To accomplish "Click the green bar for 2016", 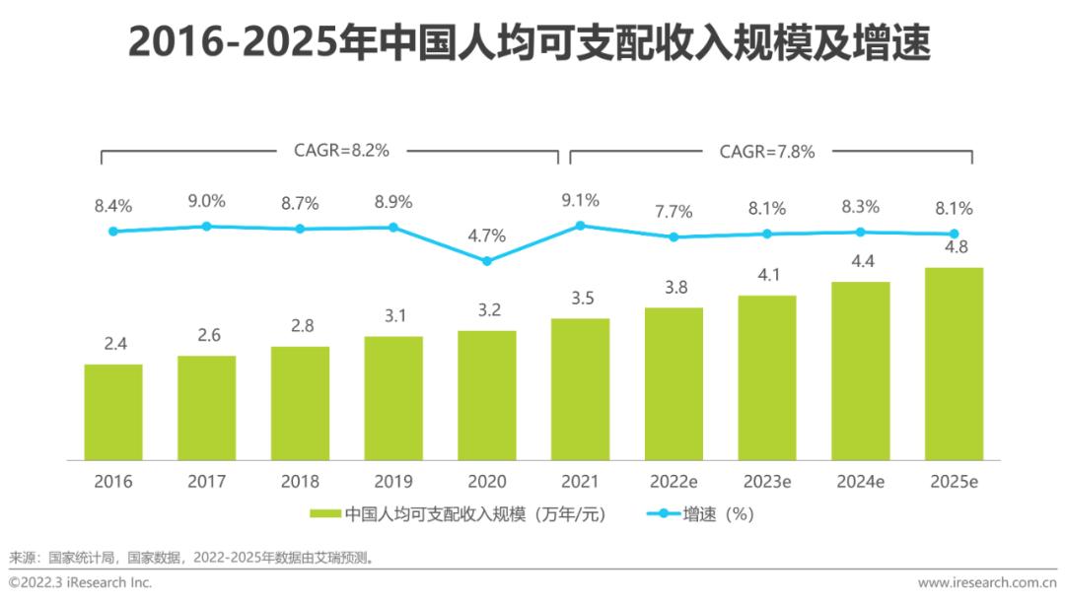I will (x=113, y=412).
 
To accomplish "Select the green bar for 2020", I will (x=487, y=395).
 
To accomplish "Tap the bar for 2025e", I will (x=954, y=364).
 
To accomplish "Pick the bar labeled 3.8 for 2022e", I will (x=674, y=383).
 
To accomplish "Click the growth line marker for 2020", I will (x=487, y=261).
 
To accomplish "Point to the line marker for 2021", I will (x=580, y=226).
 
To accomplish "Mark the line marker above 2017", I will (x=207, y=226).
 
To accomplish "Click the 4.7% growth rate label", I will (x=487, y=235).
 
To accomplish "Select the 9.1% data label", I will (x=580, y=200).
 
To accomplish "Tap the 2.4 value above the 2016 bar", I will (x=113, y=344).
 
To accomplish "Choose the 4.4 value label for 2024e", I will (x=860, y=261).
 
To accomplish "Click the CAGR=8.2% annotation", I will (x=342, y=151).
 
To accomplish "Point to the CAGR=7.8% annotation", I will (x=767, y=151).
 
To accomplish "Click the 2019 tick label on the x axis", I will (x=393, y=482).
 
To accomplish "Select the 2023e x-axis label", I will (x=767, y=482).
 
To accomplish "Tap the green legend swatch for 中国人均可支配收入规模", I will (x=325, y=514).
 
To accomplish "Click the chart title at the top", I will (x=532, y=43).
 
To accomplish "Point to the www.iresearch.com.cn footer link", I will (x=987, y=582).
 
